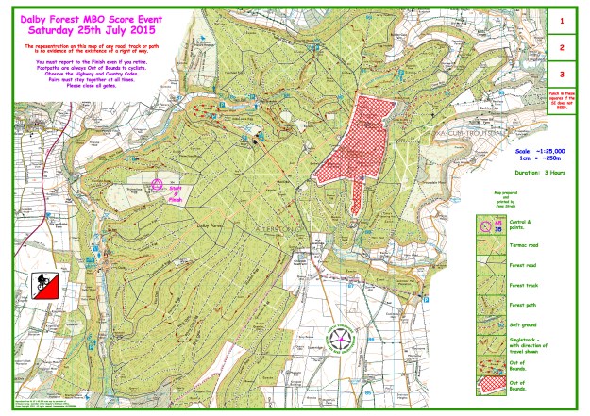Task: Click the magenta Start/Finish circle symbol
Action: coord(159,185)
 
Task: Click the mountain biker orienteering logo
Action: coord(42,284)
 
